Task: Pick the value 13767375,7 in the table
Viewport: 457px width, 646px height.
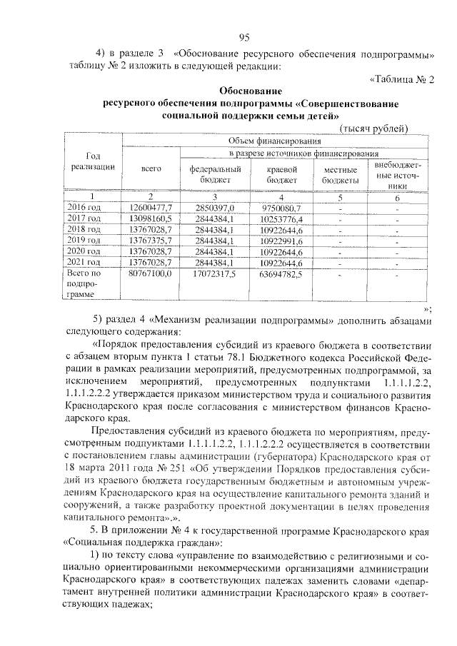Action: point(149,241)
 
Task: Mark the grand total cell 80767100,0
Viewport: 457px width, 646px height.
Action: point(149,273)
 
